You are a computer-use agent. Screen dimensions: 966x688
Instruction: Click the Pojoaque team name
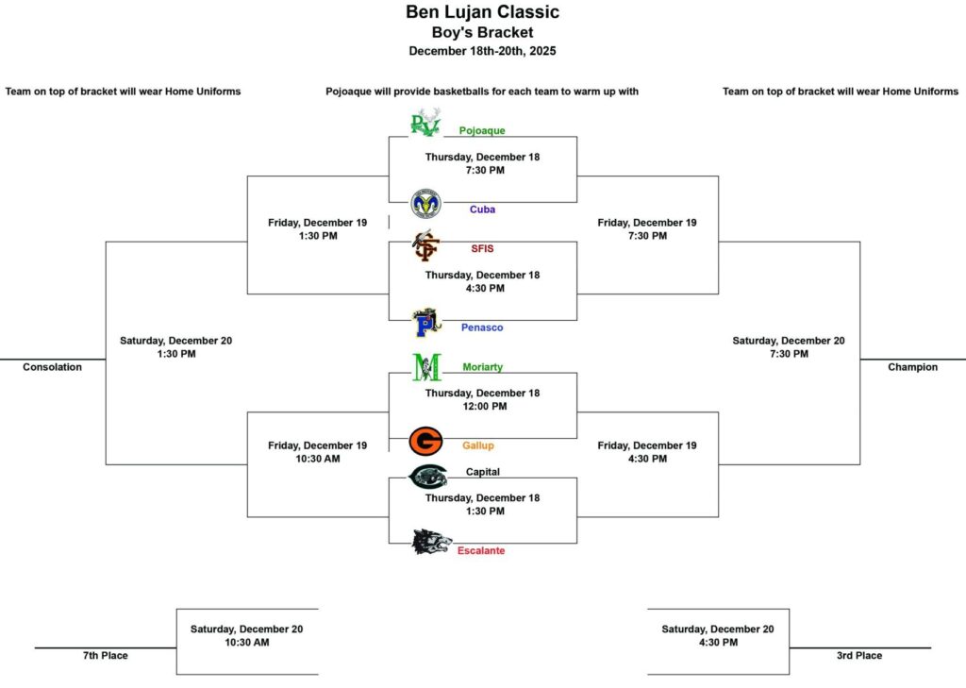[482, 130]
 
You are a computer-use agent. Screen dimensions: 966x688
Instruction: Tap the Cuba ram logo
[425, 204]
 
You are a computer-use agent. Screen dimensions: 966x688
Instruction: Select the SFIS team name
[482, 248]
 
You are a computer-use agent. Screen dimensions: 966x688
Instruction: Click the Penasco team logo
[426, 323]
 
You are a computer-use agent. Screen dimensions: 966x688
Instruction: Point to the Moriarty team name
[482, 367]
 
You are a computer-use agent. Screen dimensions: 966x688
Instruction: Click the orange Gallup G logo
[425, 442]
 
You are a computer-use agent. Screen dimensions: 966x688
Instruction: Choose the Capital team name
[482, 472]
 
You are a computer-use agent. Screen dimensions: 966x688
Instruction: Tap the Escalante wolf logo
[431, 542]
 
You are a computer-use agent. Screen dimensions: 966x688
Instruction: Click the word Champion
[912, 367]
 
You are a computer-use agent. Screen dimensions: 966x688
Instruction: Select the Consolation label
[53, 367]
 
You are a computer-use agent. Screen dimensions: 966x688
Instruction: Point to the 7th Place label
[106, 655]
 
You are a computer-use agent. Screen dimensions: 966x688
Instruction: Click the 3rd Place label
[858, 655]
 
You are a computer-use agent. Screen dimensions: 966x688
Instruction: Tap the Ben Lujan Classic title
[482, 11]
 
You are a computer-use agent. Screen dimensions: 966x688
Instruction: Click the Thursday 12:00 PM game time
[485, 406]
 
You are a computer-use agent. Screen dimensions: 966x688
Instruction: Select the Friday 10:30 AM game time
[318, 459]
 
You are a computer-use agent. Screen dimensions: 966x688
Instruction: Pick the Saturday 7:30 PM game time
[789, 354]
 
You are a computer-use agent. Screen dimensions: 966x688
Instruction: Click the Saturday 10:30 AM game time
[246, 643]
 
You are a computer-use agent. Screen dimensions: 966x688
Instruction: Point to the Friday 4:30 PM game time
[647, 459]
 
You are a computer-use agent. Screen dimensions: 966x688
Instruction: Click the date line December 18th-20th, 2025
[482, 51]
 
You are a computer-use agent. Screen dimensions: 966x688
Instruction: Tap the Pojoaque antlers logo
[425, 122]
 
